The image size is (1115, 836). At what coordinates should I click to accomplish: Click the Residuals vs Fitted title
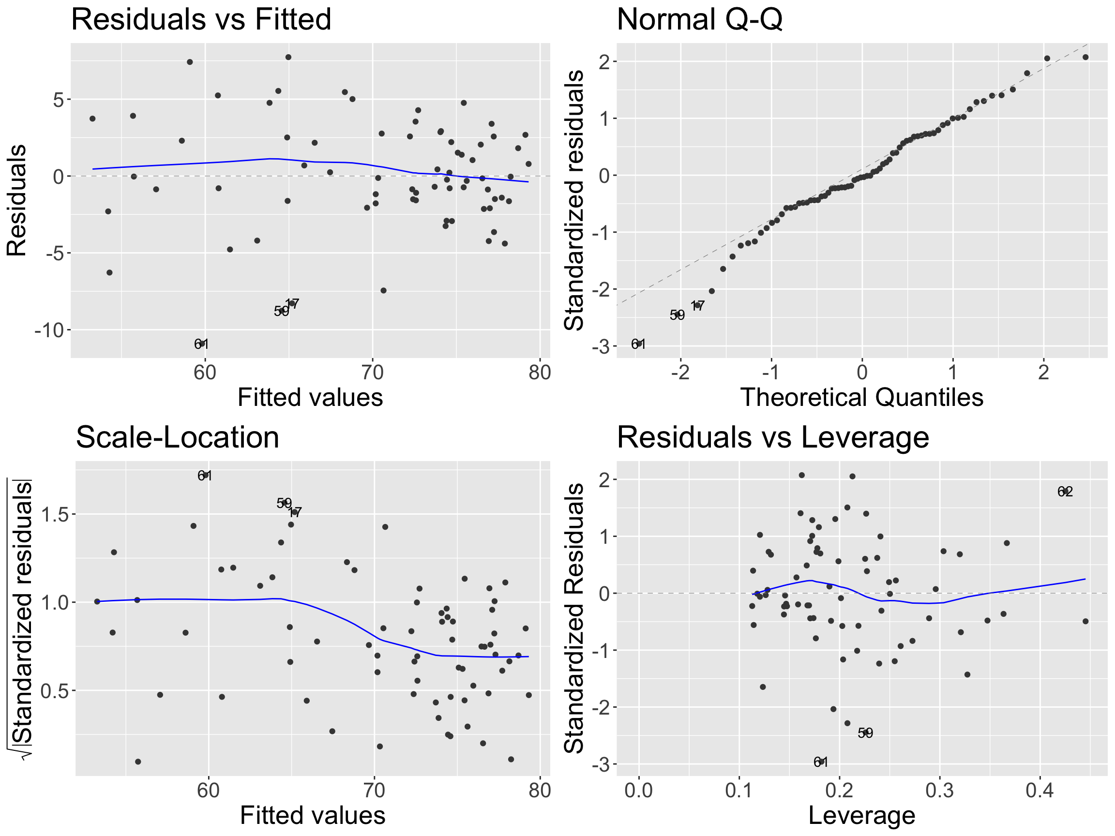201,20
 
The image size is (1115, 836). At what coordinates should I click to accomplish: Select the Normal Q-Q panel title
699,20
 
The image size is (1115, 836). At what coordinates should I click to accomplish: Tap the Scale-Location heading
178,437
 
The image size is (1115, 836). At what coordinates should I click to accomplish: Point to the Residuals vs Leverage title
773,437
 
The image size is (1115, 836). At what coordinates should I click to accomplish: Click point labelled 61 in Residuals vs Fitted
202,343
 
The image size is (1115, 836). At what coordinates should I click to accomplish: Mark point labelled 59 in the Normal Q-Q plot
678,314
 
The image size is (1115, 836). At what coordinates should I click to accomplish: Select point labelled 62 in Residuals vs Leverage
1065,491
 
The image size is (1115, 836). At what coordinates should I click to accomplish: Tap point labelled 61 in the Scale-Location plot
205,475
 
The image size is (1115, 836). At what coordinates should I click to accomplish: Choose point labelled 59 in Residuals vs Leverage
865,732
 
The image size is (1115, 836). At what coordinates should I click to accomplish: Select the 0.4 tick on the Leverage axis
1040,790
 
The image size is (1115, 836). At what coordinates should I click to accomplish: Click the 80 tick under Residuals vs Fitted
540,373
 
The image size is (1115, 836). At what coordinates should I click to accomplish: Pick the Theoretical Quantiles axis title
861,397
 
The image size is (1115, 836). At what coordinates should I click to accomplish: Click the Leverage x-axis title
861,815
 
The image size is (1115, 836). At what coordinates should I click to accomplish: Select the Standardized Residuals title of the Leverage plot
573,618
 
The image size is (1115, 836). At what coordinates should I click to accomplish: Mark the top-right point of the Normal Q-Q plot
1085,57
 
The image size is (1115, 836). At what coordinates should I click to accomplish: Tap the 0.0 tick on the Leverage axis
639,790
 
